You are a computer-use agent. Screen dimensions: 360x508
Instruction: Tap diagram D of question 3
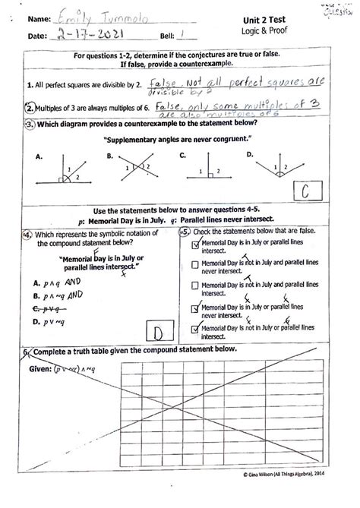tap(274, 169)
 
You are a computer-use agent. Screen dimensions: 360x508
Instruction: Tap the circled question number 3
tap(28, 123)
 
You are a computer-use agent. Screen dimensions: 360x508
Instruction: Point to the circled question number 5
tap(183, 232)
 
